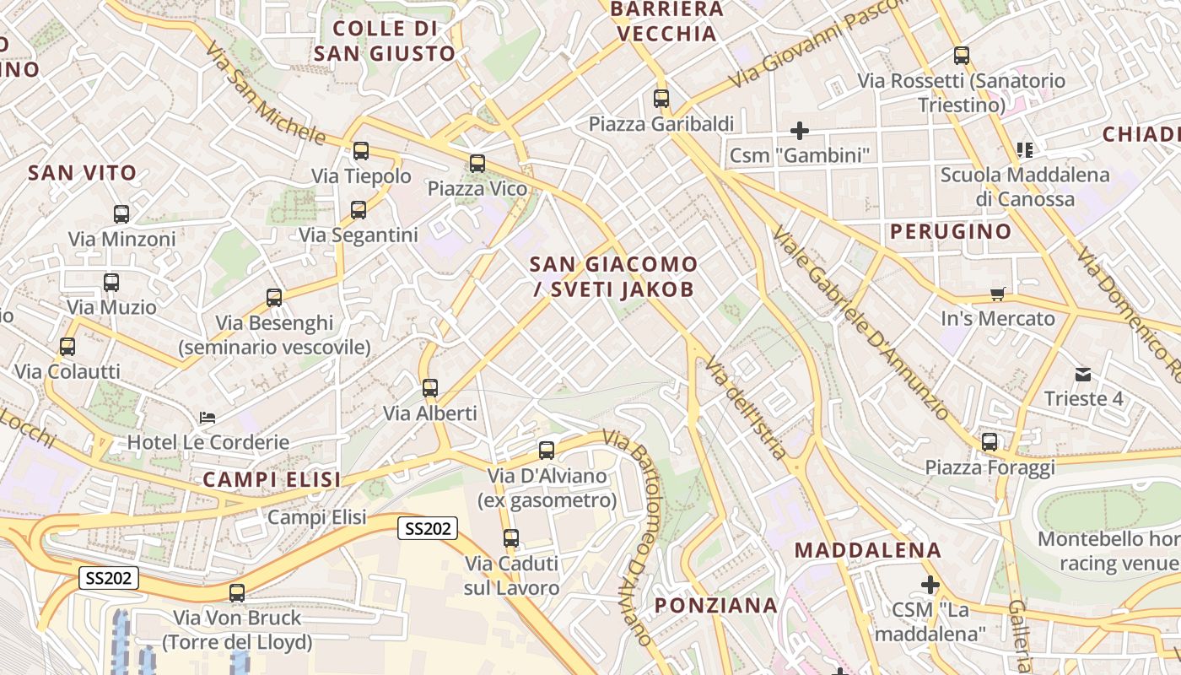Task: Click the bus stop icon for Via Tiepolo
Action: (361, 152)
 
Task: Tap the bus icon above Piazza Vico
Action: (477, 164)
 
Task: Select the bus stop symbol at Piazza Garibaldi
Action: (661, 99)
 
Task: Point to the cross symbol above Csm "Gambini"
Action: (799, 131)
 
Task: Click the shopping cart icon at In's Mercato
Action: (998, 294)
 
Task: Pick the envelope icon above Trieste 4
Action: (1083, 375)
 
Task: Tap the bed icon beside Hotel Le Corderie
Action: (207, 418)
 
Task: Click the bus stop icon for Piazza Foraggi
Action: (990, 442)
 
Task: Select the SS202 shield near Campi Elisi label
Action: (428, 529)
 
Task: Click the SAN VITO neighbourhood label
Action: (82, 174)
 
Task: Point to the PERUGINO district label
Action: (951, 231)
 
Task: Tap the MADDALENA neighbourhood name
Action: (868, 550)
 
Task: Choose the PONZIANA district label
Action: (716, 605)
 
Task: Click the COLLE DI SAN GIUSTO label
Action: (385, 41)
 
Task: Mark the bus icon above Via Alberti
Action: (430, 388)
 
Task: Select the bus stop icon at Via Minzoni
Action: (121, 214)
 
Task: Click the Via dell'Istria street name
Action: (746, 408)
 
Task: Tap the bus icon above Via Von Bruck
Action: (237, 593)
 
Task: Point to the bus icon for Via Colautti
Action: (67, 347)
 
